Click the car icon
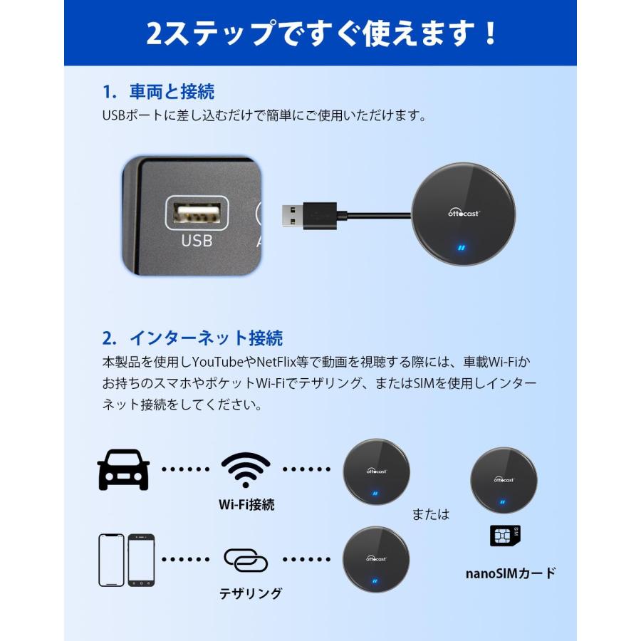[x=123, y=469]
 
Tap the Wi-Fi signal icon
[x=246, y=469]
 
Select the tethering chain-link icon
[x=246, y=560]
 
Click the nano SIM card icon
[x=505, y=536]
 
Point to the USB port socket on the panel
[x=197, y=213]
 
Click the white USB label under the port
[x=197, y=241]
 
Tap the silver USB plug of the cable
[x=291, y=214]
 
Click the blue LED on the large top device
[x=462, y=249]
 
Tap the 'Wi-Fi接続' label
[x=246, y=505]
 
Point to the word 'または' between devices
[x=431, y=514]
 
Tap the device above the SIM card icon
[x=504, y=480]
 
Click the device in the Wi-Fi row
[x=377, y=471]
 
